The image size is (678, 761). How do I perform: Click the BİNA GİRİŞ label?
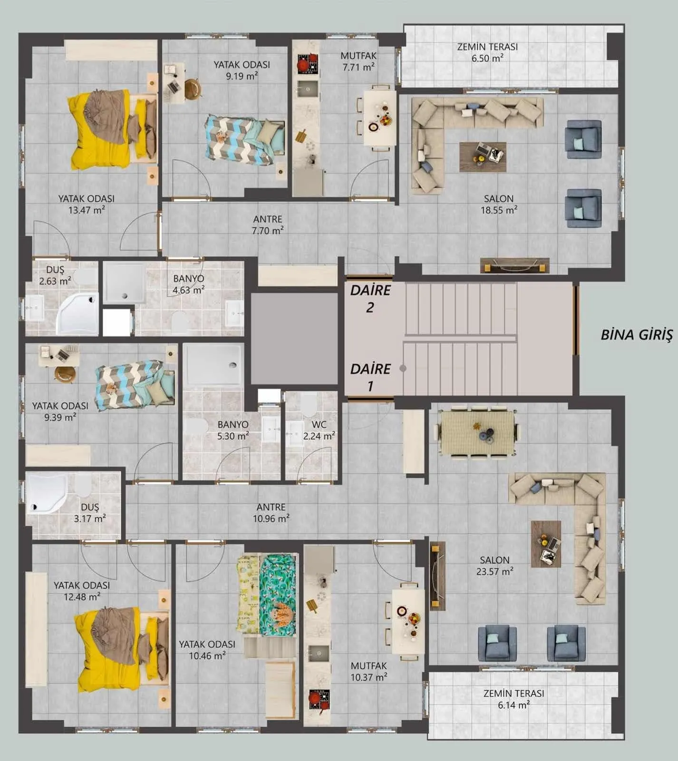click(x=637, y=334)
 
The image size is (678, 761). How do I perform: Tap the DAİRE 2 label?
click(x=370, y=299)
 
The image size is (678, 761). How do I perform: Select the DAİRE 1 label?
click(x=370, y=377)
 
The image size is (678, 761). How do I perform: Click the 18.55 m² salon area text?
click(x=499, y=210)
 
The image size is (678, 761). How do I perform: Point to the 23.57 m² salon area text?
click(x=494, y=571)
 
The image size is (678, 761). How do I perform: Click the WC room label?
click(x=319, y=430)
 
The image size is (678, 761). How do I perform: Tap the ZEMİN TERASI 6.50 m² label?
click(x=487, y=52)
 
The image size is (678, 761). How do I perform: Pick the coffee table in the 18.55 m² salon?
click(x=482, y=156)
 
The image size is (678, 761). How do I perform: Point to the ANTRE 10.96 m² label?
click(x=271, y=513)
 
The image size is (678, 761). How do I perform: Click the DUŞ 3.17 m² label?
click(x=90, y=513)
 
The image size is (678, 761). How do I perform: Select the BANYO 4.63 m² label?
click(x=189, y=284)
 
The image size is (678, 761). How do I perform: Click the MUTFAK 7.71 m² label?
click(x=358, y=61)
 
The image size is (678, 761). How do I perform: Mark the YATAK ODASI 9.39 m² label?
click(x=60, y=411)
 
